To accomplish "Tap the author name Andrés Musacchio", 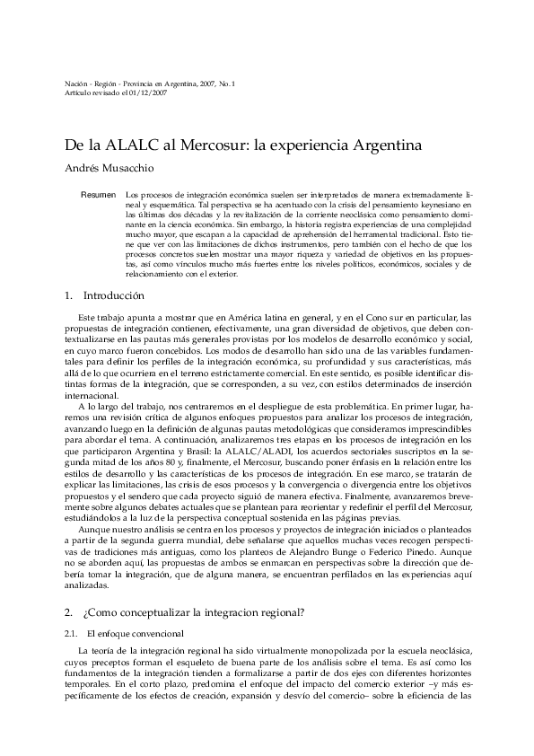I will tap(111, 166).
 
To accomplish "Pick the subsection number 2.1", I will tap(72, 633).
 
